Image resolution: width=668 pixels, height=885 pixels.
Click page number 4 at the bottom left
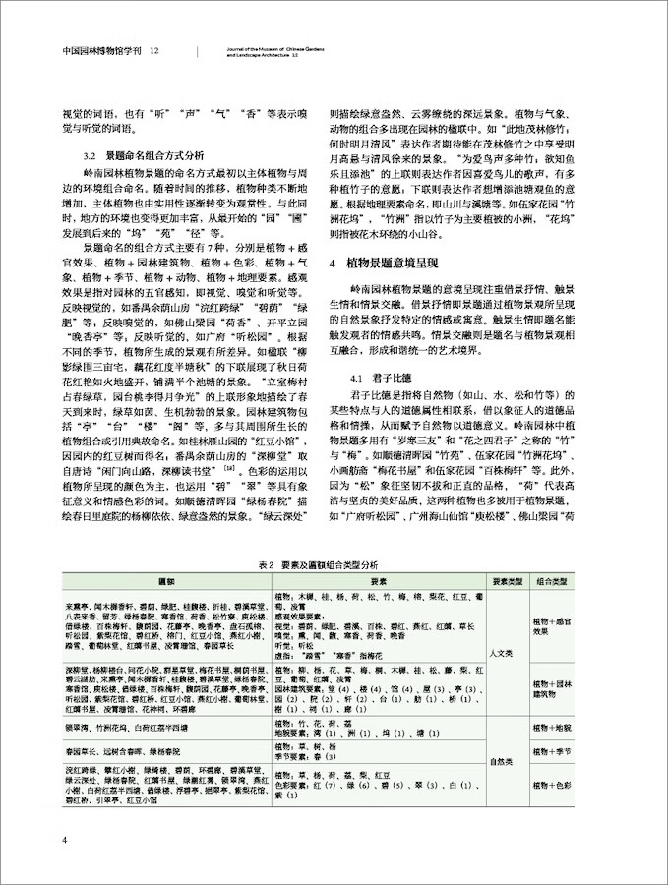(63, 839)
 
